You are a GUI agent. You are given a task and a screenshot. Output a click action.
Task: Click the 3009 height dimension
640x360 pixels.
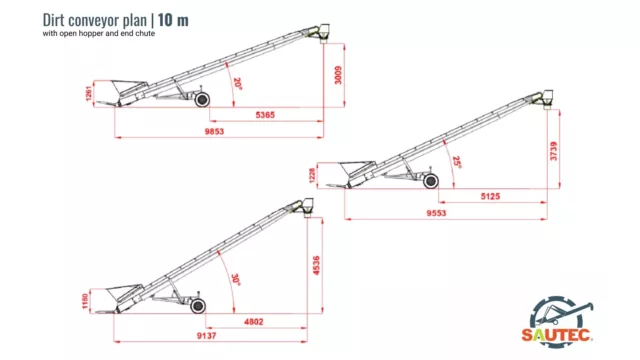(338, 75)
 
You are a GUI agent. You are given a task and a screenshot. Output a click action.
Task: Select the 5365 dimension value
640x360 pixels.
(265, 115)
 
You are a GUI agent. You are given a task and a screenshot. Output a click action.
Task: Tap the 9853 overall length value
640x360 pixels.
(214, 131)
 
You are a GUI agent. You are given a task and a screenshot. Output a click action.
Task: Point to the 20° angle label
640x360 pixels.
(238, 84)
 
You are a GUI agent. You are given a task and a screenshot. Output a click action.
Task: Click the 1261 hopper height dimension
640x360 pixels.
(89, 94)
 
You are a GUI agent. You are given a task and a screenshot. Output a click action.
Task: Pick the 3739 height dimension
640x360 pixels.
(553, 151)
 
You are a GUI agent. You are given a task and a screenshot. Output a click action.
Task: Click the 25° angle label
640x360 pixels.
(457, 162)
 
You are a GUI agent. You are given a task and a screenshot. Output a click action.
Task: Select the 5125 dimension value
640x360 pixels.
(490, 196)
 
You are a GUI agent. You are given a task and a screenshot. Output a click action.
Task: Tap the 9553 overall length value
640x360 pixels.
(436, 213)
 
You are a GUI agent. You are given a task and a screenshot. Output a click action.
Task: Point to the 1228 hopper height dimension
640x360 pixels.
(312, 176)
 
